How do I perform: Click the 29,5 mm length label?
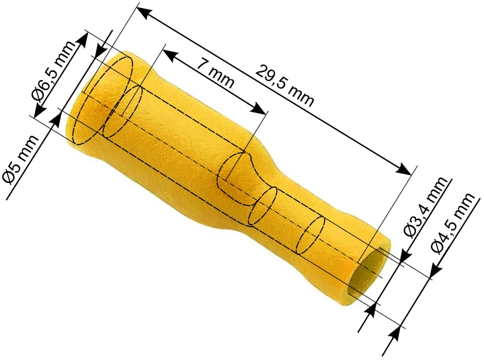[x=284, y=85]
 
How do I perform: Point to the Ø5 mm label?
[x=20, y=159]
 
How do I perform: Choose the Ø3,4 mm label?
[x=426, y=207]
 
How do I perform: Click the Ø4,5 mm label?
[x=452, y=223]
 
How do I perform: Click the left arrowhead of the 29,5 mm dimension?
[x=144, y=11]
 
